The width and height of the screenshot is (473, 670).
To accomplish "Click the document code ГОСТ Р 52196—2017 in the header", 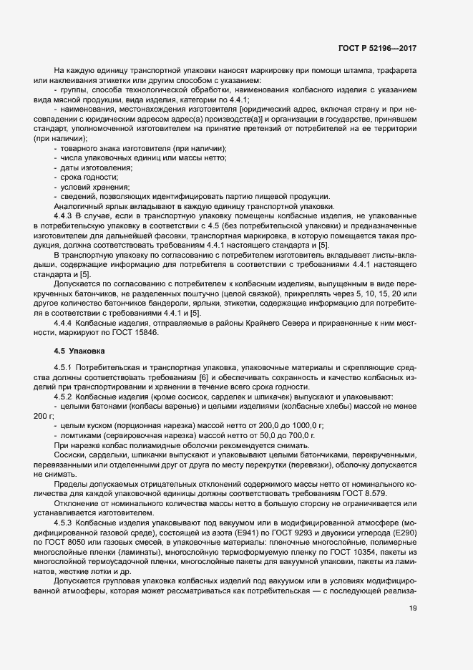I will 378,48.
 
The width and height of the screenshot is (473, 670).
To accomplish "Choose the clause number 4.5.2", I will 66,397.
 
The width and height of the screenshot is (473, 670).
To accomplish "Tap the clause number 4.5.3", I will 66,523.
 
